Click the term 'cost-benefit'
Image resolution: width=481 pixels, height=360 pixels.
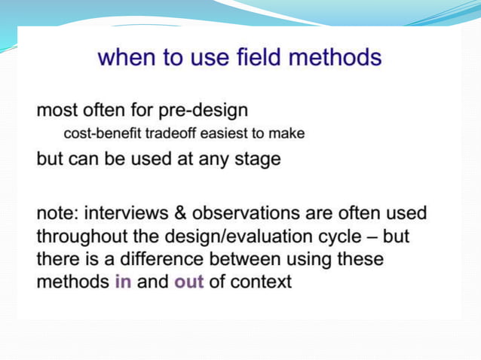point(95,134)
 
